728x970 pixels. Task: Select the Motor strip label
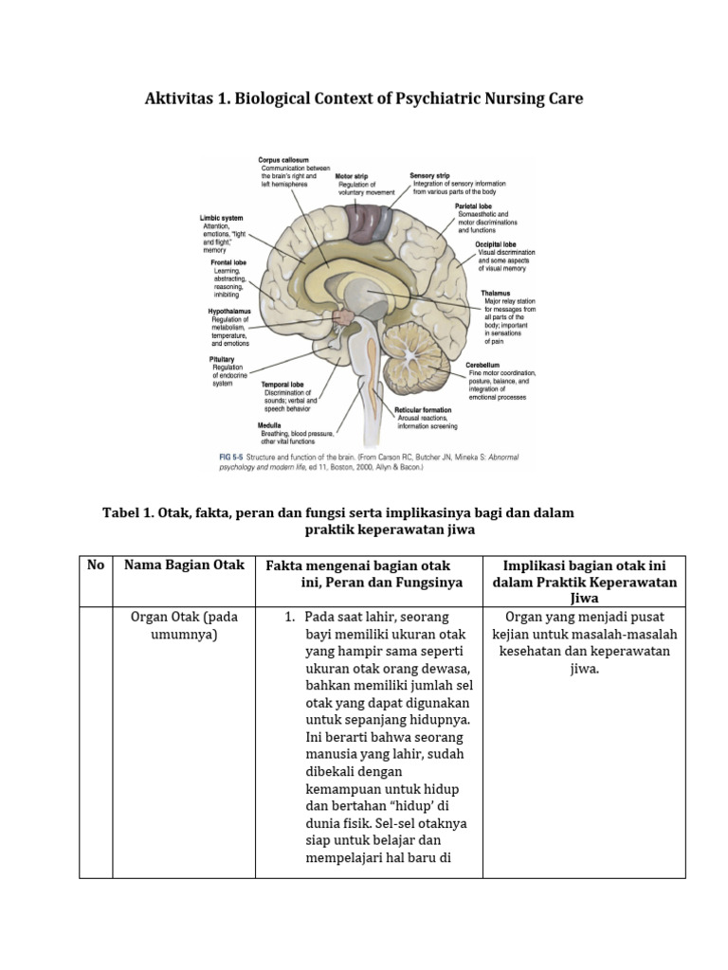(351, 176)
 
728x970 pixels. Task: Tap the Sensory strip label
(429, 175)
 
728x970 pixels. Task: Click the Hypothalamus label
(229, 311)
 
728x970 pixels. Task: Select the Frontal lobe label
(228, 262)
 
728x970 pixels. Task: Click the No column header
(95, 566)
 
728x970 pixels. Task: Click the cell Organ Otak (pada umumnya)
(184, 625)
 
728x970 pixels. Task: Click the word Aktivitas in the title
(179, 99)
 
